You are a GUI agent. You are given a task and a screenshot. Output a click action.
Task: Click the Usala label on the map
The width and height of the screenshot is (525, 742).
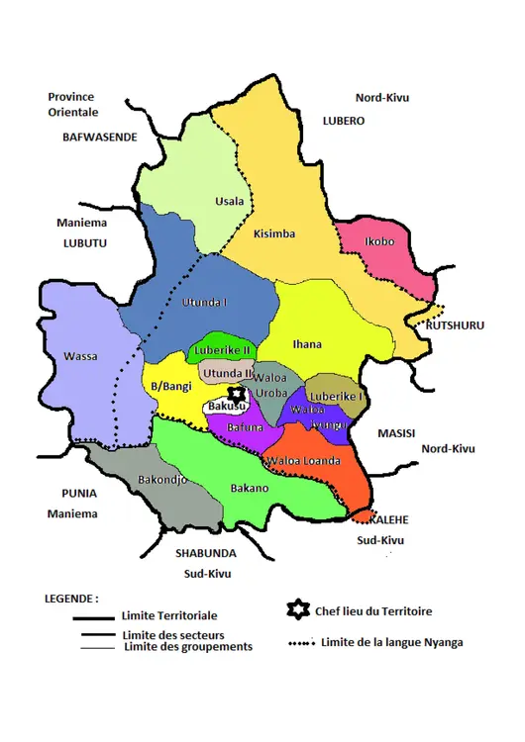point(230,202)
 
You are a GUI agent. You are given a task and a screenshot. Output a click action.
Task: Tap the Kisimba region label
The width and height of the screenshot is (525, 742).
point(274,234)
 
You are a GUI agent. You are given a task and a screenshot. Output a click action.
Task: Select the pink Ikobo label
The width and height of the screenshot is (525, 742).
point(379,240)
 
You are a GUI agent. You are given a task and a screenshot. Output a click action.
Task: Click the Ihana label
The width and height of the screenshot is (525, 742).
point(307,344)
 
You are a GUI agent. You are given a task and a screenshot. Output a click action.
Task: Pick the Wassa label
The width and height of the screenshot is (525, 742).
point(81,356)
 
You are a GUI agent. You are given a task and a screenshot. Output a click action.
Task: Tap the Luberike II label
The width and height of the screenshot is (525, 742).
point(224,350)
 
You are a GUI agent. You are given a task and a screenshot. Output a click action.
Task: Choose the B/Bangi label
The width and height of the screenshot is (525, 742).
point(171,385)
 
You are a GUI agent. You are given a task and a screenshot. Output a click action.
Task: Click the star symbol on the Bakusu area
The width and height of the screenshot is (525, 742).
point(236,394)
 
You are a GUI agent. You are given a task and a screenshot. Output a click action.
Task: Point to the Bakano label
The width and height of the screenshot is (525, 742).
point(249,488)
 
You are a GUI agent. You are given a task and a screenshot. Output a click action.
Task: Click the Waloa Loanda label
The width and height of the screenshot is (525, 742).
point(303,461)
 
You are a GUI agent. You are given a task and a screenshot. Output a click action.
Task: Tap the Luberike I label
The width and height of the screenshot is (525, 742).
point(336,396)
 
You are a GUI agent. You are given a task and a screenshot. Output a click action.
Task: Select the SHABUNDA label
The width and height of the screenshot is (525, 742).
point(206,553)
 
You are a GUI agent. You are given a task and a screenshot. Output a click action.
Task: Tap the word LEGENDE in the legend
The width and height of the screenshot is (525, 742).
point(72,600)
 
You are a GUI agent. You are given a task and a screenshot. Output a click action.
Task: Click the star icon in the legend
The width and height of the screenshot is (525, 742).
point(293,609)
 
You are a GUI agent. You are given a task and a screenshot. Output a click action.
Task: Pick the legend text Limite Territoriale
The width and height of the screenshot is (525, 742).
point(169,615)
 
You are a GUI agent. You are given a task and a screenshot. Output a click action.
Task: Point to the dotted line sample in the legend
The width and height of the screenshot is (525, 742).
point(300,643)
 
